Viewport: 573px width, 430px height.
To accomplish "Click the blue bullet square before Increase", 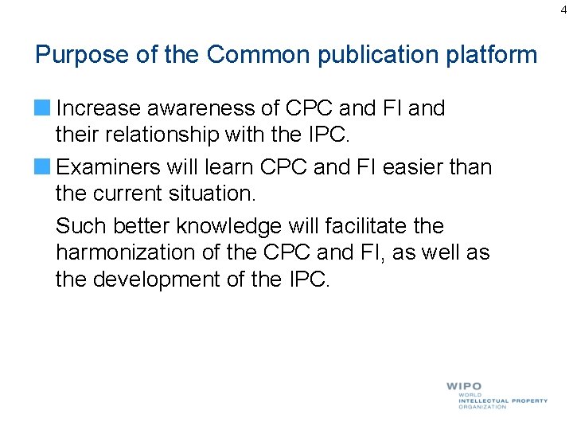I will point(43,107).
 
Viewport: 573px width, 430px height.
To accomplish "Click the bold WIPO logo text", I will point(464,386).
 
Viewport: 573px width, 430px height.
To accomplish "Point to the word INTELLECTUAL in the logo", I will point(484,401).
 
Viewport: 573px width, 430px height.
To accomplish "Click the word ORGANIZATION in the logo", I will point(482,407).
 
